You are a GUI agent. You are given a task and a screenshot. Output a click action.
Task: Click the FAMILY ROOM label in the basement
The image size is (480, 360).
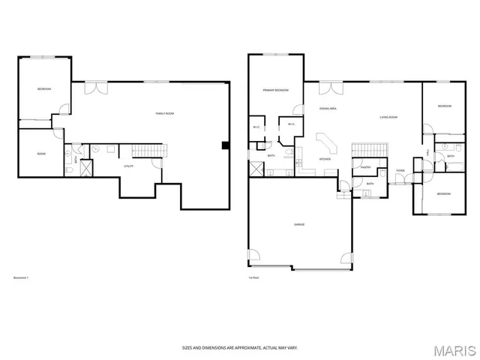(x=164, y=113)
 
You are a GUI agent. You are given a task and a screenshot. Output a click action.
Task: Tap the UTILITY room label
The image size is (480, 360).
(x=128, y=166)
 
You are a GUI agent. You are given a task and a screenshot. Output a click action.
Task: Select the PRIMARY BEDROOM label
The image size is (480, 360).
(x=275, y=90)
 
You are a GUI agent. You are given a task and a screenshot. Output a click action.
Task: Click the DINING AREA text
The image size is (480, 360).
(x=327, y=109)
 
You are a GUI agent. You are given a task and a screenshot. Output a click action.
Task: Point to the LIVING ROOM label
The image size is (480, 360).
(x=388, y=118)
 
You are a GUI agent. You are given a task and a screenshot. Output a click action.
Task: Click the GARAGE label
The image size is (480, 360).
(x=298, y=224)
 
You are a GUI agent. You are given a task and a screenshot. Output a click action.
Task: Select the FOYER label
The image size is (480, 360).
(x=400, y=170)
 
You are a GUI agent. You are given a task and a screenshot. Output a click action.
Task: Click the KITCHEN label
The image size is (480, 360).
(x=325, y=159)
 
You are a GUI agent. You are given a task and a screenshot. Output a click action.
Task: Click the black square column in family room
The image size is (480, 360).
(x=224, y=145)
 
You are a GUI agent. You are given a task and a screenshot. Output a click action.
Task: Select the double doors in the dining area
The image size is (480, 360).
(x=326, y=88)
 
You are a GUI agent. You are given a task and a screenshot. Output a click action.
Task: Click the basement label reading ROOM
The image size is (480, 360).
(x=41, y=154)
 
